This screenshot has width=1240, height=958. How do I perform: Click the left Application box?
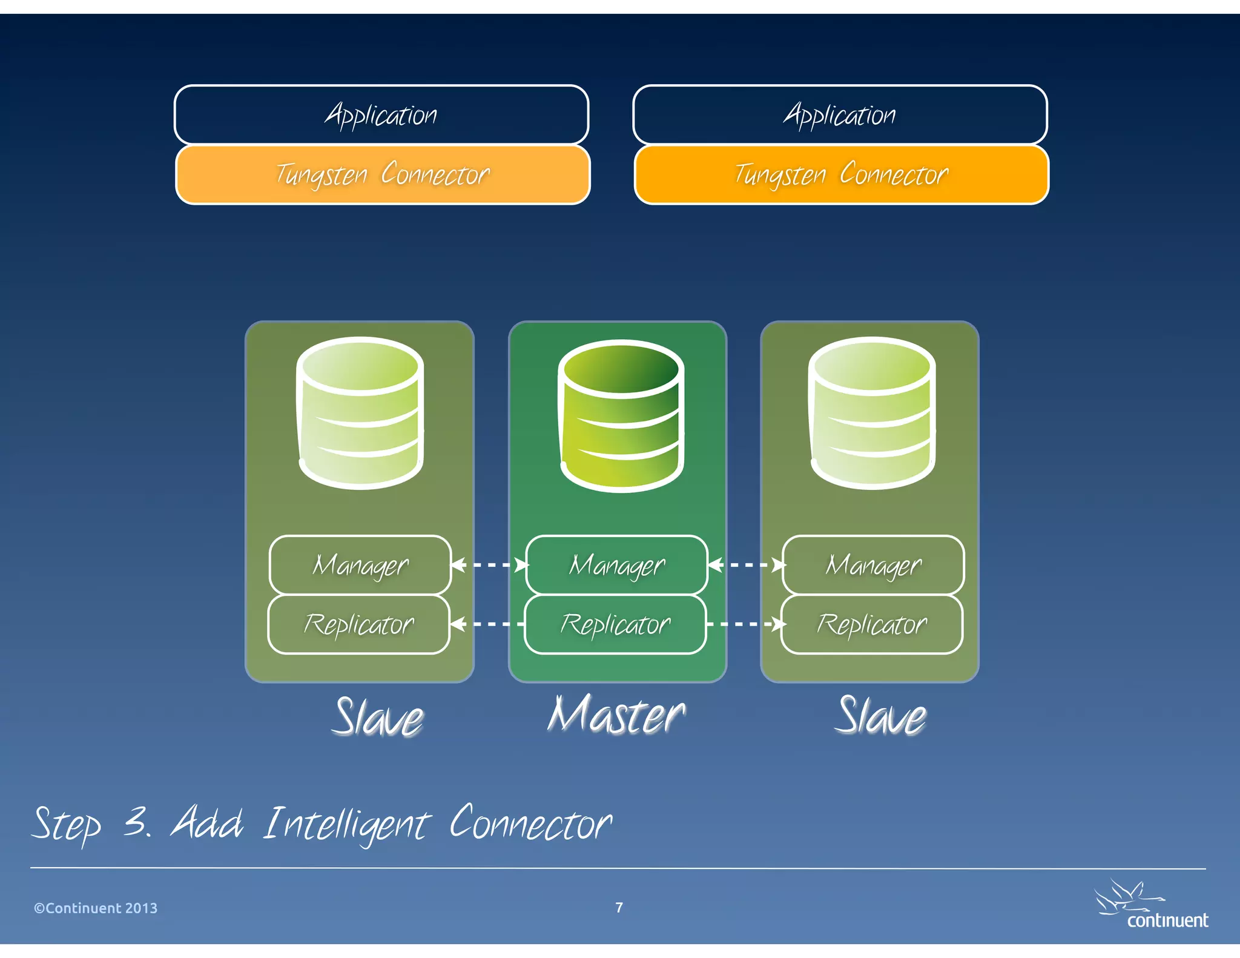pyautogui.click(x=381, y=114)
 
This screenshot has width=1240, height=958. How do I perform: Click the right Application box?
pyautogui.click(x=840, y=114)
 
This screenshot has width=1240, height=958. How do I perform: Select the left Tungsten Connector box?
pyautogui.click(x=383, y=174)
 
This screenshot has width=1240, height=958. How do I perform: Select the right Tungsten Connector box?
pyautogui.click(x=842, y=174)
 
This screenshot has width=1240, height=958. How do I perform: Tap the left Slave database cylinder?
pyautogui.click(x=360, y=413)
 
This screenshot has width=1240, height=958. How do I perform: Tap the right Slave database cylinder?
pyautogui.click(x=872, y=413)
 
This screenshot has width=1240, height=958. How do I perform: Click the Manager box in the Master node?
pyautogui.click(x=616, y=565)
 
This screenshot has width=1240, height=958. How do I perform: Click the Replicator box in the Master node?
pyautogui.click(x=615, y=624)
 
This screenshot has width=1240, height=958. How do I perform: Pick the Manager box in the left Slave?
pyautogui.click(x=360, y=565)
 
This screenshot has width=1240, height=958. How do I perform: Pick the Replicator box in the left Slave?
pyautogui.click(x=359, y=624)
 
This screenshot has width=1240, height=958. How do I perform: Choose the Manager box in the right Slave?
pyautogui.click(x=873, y=565)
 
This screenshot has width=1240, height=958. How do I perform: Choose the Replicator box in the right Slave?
pyautogui.click(x=872, y=624)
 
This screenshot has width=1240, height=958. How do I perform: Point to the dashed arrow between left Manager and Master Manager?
pyautogui.click(x=489, y=565)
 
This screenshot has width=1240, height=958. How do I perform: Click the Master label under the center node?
pyautogui.click(x=616, y=716)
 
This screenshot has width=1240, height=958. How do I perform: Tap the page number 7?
pyautogui.click(x=619, y=907)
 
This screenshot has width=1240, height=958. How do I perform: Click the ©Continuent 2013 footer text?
pyautogui.click(x=96, y=908)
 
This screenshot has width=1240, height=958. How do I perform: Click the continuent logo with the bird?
pyautogui.click(x=1150, y=906)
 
